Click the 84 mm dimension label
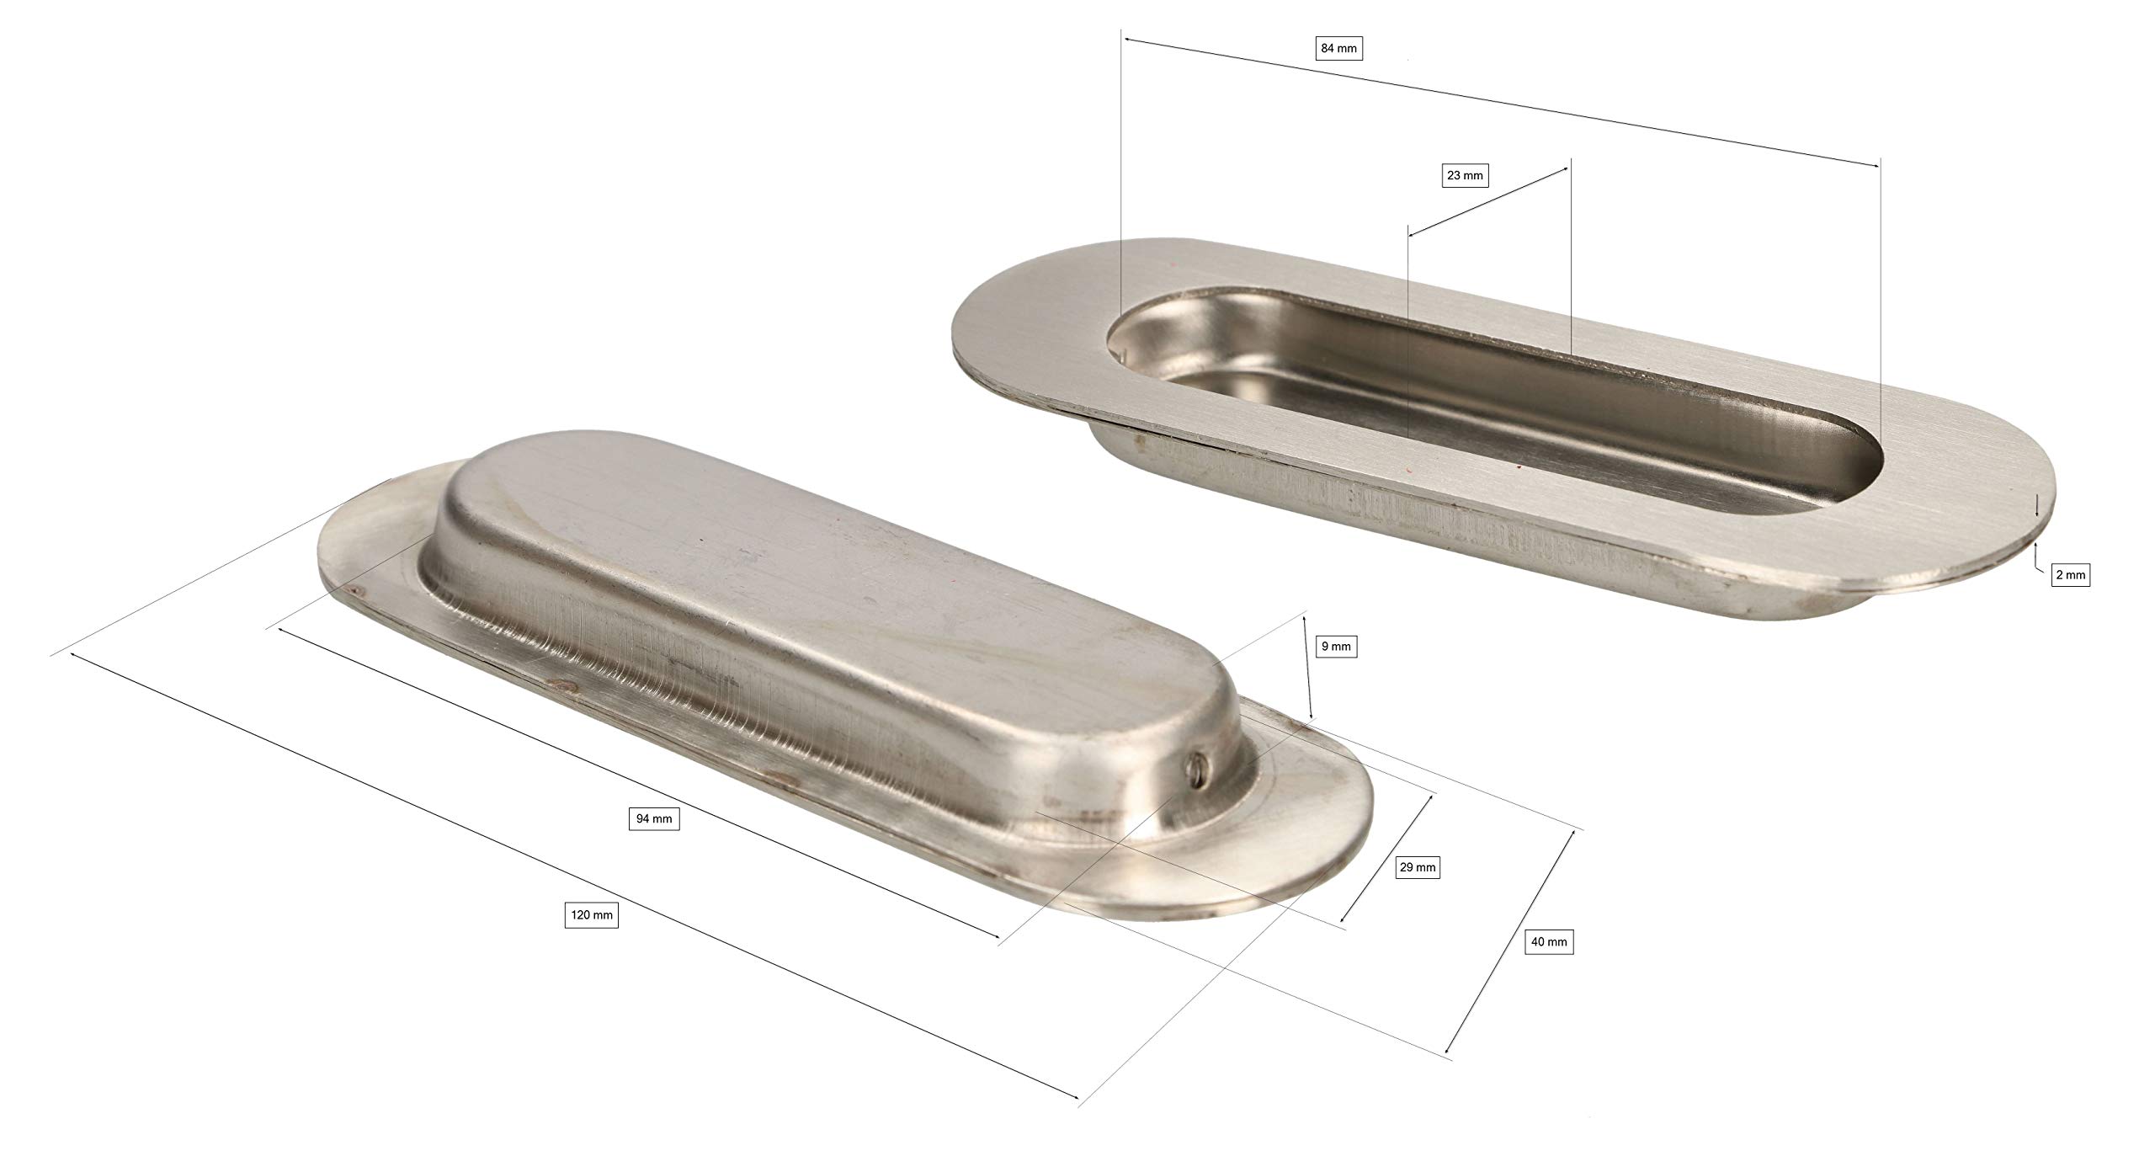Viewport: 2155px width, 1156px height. tap(1339, 49)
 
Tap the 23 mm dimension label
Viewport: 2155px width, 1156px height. tap(1465, 175)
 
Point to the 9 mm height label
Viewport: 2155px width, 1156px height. tap(1336, 647)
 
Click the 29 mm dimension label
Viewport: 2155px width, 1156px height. tap(1417, 868)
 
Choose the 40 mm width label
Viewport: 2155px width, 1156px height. tap(1550, 941)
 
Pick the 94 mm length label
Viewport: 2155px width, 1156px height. tap(654, 819)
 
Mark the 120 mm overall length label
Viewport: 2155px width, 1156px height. tap(591, 915)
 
